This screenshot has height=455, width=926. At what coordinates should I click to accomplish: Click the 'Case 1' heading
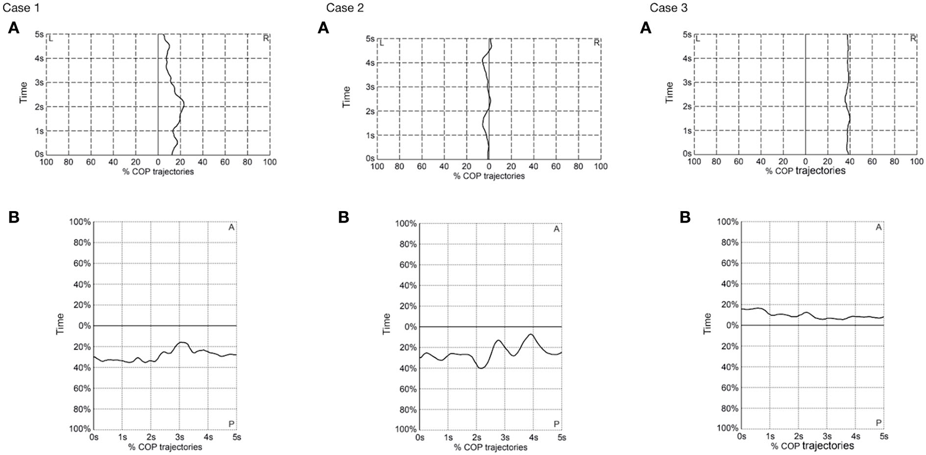point(20,7)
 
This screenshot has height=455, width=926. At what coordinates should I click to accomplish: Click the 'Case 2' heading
point(345,8)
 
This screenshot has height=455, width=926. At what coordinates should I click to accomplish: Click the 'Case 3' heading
point(668,8)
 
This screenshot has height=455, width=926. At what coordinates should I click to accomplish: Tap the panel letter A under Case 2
point(323,28)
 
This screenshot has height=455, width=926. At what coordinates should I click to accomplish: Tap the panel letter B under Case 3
point(686,217)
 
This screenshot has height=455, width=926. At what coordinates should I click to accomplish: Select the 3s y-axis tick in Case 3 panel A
point(687,83)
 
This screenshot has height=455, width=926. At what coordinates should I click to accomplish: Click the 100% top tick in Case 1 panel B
point(80,222)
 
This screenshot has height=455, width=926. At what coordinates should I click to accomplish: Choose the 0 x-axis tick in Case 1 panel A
point(158,162)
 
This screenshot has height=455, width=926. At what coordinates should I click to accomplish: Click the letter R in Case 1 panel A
point(265,38)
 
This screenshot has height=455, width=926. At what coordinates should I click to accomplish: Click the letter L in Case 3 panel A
point(698,38)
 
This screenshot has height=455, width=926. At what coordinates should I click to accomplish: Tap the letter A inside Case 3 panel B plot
point(878,227)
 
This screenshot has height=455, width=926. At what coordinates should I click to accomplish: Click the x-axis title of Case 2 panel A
point(489,176)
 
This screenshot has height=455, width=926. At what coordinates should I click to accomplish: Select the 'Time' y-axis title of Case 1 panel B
point(60,324)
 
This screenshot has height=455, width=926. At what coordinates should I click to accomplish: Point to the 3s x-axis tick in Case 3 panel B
point(827,436)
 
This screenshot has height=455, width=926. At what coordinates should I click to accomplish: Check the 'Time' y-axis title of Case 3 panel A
point(669,92)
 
